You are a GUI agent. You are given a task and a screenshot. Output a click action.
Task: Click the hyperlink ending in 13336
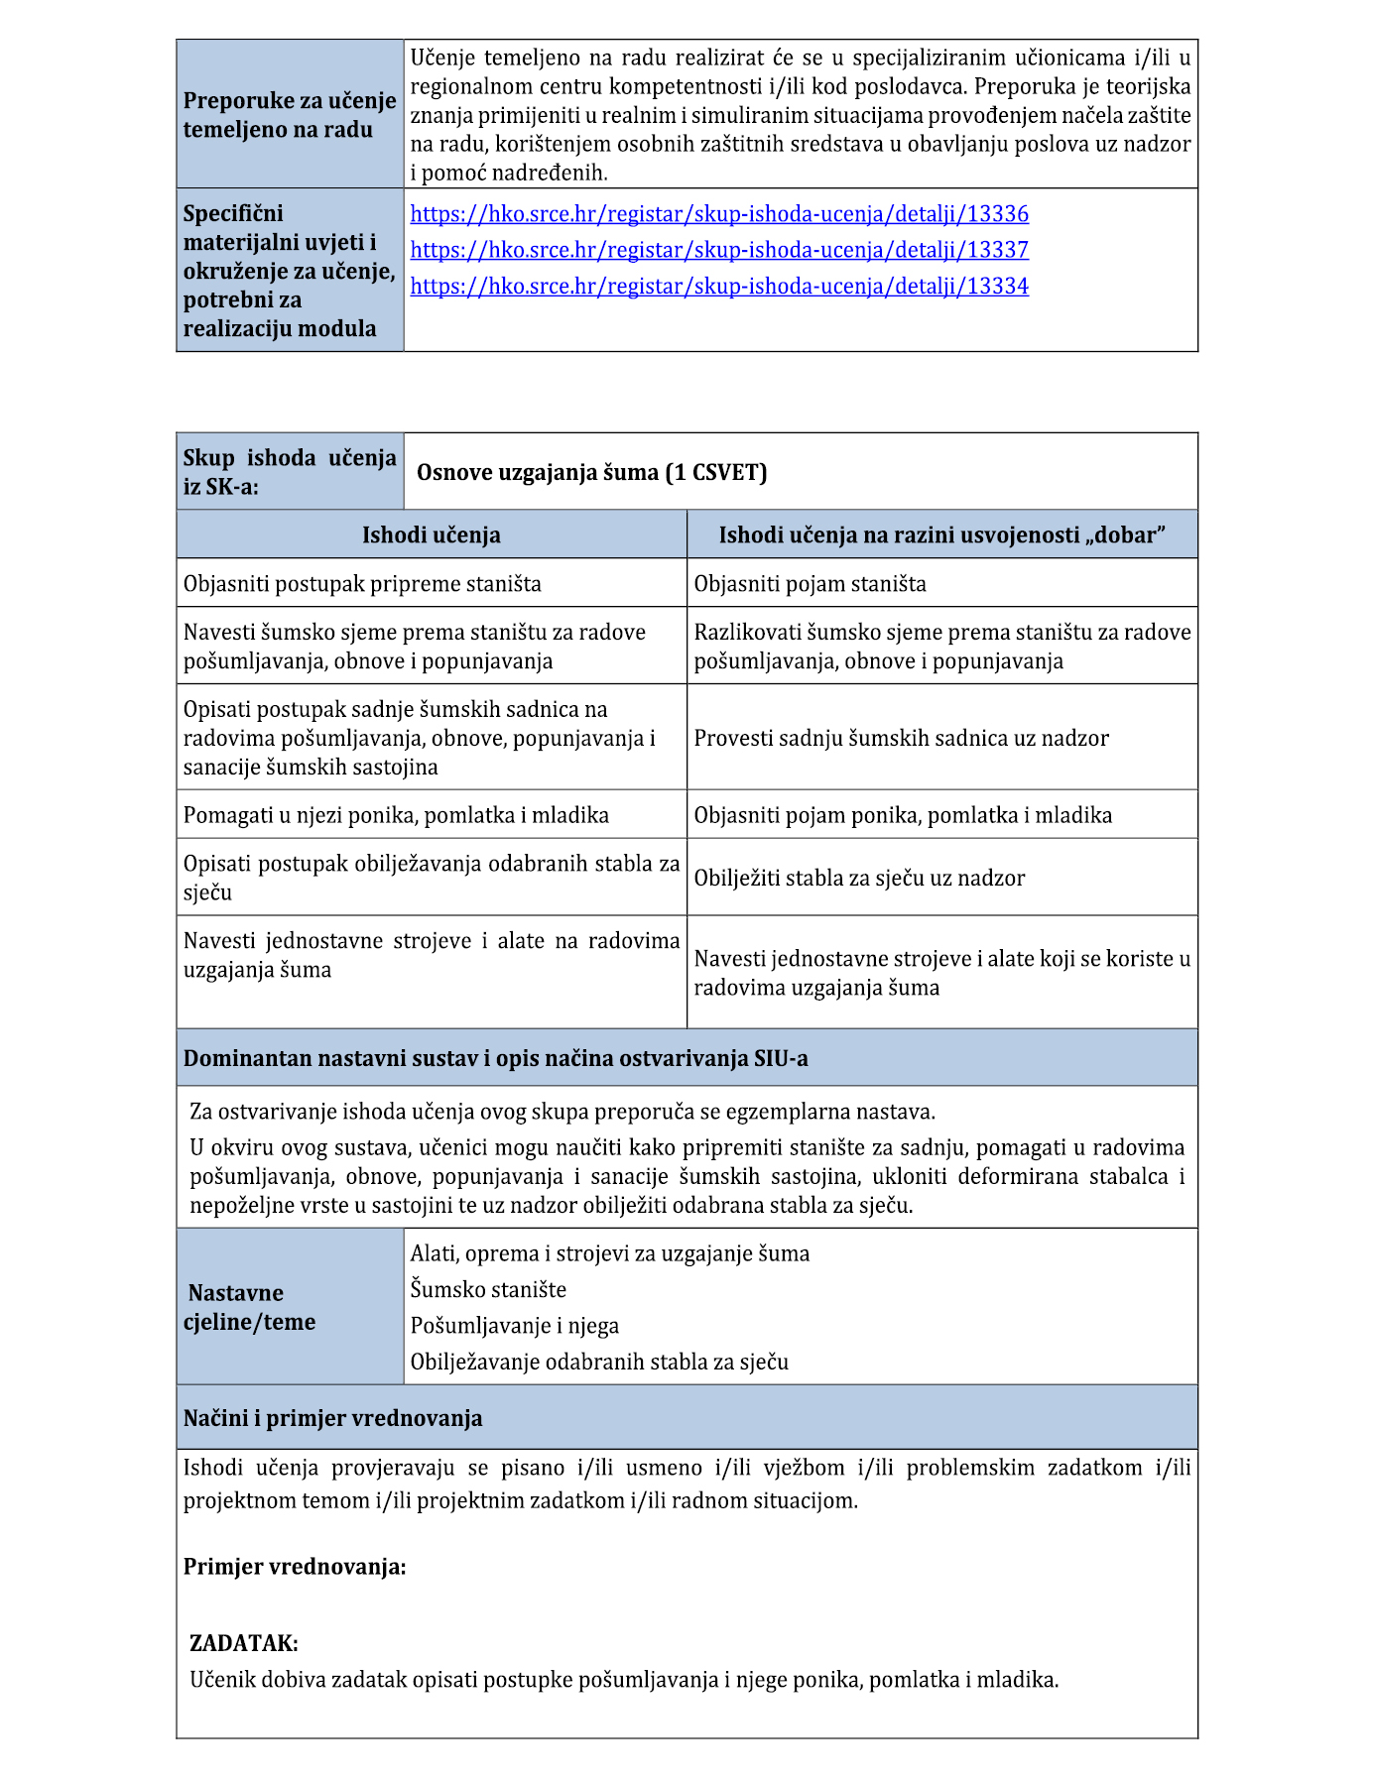pos(719,214)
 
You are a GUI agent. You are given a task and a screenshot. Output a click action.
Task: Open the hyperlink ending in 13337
pos(719,250)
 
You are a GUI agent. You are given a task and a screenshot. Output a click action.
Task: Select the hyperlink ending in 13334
pos(719,287)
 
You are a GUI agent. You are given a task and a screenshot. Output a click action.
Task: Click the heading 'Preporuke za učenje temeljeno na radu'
pos(290,115)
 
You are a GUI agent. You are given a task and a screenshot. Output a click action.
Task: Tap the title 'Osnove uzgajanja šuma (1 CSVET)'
pos(592,472)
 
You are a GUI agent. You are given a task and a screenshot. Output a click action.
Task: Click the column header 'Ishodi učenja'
pos(431,535)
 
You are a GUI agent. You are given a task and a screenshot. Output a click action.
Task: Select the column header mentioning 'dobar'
pos(941,535)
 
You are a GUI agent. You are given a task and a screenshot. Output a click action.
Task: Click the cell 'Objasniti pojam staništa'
pos(810,584)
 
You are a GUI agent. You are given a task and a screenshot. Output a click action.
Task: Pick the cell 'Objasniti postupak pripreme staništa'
pos(362,584)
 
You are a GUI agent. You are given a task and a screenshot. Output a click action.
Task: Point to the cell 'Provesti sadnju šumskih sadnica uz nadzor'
pos(901,738)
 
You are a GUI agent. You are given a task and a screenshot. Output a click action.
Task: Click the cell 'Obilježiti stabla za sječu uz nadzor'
pos(859,878)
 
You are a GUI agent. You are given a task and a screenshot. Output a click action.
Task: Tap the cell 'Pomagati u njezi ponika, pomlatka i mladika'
pos(396,815)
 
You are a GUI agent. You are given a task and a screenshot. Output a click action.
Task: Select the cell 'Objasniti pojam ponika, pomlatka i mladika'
pos(903,815)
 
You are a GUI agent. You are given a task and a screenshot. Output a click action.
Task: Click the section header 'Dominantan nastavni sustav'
pos(495,1058)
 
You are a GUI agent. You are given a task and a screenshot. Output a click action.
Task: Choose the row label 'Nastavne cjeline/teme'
pos(250,1307)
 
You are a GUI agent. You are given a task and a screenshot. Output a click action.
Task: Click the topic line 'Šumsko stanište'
pos(488,1290)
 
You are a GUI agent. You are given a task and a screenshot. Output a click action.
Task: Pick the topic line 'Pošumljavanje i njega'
pos(514,1326)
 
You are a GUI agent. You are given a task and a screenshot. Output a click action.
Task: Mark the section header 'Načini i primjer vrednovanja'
pos(332,1418)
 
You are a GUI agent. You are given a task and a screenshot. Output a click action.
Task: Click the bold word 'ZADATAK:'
pos(244,1643)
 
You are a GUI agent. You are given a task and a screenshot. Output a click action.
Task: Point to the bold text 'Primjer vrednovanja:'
pos(295,1567)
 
